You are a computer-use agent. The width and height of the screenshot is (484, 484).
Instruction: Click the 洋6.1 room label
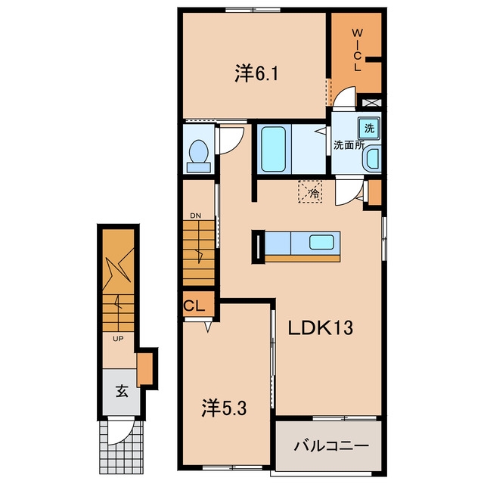point(256,73)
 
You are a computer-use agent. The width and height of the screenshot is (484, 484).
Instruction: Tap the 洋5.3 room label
point(224,408)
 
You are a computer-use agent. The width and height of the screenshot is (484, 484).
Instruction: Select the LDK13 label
point(321,327)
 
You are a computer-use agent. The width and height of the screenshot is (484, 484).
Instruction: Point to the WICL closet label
point(357,50)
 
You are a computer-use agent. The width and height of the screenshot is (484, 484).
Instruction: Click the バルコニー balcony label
point(331,446)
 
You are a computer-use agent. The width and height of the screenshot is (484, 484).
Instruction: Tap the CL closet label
point(194,306)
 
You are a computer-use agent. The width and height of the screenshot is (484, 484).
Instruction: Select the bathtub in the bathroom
point(273,149)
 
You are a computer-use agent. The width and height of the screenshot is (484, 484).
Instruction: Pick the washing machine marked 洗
point(369,128)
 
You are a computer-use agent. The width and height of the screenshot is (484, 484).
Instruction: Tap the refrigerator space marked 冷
point(310,191)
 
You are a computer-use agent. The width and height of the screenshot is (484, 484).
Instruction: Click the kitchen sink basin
point(321,242)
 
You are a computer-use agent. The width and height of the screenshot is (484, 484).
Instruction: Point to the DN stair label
point(195,216)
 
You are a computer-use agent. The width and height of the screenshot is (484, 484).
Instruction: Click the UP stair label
point(118,339)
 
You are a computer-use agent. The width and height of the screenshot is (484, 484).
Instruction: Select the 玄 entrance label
point(122,392)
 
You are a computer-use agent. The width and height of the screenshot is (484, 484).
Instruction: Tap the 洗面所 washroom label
point(349,145)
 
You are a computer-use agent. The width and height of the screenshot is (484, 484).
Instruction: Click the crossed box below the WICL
point(371,103)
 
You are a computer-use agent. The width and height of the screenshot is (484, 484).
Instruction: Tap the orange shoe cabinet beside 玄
point(144,369)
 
